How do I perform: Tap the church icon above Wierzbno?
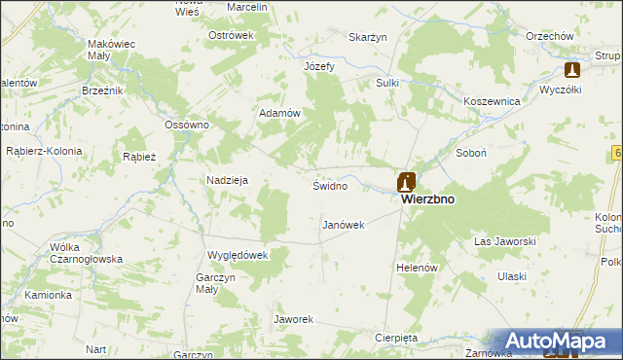(407, 182)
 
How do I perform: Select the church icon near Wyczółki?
(572, 70)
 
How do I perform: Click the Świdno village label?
(329, 185)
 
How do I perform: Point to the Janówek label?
(343, 225)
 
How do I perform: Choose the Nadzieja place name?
(228, 180)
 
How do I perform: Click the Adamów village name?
(278, 113)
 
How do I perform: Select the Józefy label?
(319, 66)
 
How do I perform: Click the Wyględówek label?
(237, 255)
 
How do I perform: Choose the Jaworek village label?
(293, 319)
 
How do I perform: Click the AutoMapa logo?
(556, 341)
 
